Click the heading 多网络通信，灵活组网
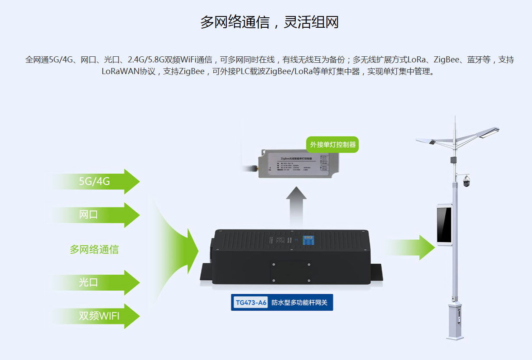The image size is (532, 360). (x=269, y=22)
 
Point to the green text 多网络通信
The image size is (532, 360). (x=94, y=250)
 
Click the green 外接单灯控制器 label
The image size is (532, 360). (x=333, y=144)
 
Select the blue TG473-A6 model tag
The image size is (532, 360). (x=250, y=302)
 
